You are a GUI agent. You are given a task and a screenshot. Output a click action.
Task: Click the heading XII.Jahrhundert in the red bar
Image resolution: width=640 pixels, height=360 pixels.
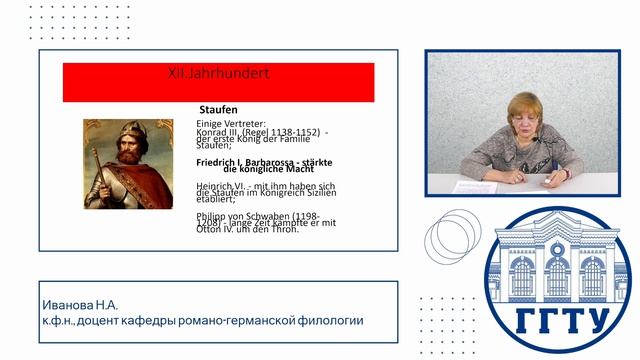pyautogui.click(x=218, y=74)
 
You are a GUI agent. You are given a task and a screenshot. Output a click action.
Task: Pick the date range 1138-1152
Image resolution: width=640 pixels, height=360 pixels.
pyautogui.click(x=296, y=131)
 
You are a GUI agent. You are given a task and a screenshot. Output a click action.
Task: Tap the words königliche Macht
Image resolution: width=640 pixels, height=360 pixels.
pyautogui.click(x=263, y=170)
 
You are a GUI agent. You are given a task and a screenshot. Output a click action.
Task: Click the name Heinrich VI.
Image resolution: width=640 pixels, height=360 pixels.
pyautogui.click(x=221, y=186)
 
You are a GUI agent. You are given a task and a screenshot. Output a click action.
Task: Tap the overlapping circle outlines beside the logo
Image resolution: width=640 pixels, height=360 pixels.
pyautogui.click(x=449, y=238)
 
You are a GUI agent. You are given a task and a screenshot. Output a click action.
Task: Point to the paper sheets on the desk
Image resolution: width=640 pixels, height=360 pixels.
pyautogui.click(x=465, y=186)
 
